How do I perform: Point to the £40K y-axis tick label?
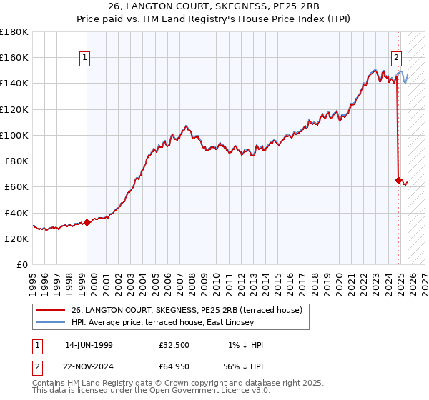16,213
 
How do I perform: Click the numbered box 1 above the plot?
85,59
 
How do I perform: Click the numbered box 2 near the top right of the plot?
397,59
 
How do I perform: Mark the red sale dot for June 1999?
87,222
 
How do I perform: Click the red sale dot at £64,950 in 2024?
398,180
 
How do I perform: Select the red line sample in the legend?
50,310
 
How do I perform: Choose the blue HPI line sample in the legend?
50,321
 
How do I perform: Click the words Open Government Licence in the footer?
197,391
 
